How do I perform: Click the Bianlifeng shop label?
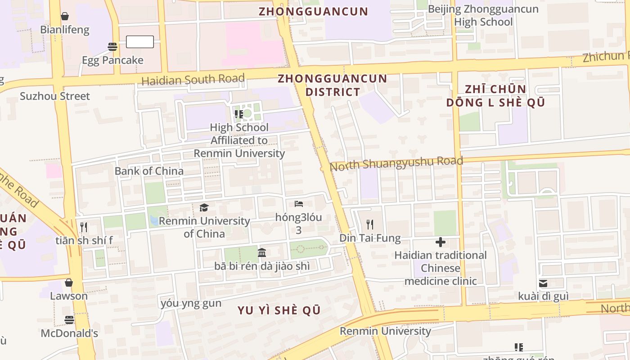coord(65,30)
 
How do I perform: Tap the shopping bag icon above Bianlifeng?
coord(65,17)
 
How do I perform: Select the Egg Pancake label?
coord(112,60)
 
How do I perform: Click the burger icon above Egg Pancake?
coord(112,46)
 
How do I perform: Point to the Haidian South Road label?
coord(193,80)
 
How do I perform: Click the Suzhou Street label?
coord(55,96)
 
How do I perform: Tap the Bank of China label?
coord(149,171)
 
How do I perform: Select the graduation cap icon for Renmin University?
coord(204,207)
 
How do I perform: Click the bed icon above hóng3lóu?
coord(299,204)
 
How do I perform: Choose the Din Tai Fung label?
coord(370,238)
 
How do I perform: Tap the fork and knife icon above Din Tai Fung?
coord(370,224)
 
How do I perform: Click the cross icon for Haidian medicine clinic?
coord(441,242)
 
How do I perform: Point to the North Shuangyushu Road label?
coord(396,163)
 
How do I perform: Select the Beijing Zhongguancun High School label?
coord(483,15)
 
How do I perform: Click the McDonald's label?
coord(69,333)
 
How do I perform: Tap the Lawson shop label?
coord(69,296)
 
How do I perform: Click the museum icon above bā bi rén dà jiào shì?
coord(262,252)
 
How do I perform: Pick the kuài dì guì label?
coord(543,297)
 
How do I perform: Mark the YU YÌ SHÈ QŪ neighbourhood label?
coord(279,310)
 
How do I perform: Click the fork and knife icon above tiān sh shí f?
coord(84,227)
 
